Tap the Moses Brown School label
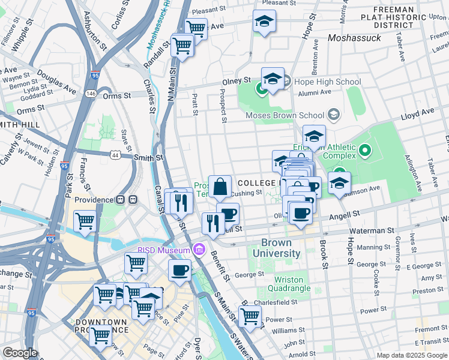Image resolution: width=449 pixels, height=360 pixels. pos(285,115)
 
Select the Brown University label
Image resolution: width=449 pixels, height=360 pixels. pos(276,248)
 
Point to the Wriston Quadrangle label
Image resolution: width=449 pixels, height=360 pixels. pos(292,284)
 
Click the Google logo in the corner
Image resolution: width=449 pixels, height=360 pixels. pos(20,353)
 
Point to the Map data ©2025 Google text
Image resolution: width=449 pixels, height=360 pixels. pos(411,355)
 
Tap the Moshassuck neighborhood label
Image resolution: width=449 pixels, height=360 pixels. pos(355,38)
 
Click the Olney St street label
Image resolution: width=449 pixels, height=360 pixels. pos(237,80)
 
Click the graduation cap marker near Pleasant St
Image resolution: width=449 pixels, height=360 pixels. pos(264,22)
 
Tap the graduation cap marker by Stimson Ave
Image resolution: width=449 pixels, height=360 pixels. pos(339,184)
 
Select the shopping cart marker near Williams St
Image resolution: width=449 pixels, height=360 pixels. pos(250,316)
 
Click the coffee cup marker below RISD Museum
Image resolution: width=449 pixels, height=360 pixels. pos(179,270)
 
